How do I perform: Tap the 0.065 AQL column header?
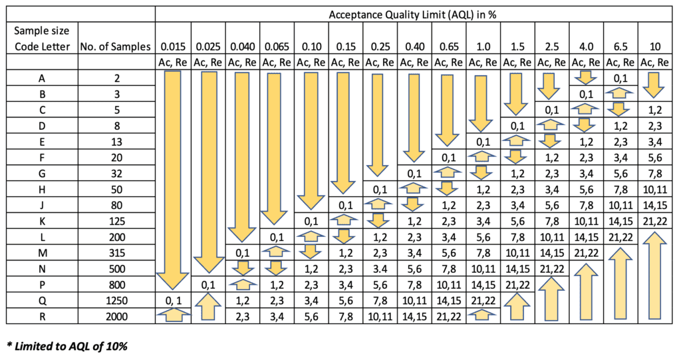pos(277,47)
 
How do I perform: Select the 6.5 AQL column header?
pos(620,47)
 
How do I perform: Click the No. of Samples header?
pos(116,47)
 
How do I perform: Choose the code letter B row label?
pos(42,93)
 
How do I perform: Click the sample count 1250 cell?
pos(116,299)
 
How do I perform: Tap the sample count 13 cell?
pos(116,141)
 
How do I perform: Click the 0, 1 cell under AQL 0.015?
pos(173,299)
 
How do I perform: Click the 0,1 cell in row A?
pos(620,78)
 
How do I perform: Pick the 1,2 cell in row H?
pos(483,188)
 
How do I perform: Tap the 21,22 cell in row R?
pos(449,315)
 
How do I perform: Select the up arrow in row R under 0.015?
pos(173,316)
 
